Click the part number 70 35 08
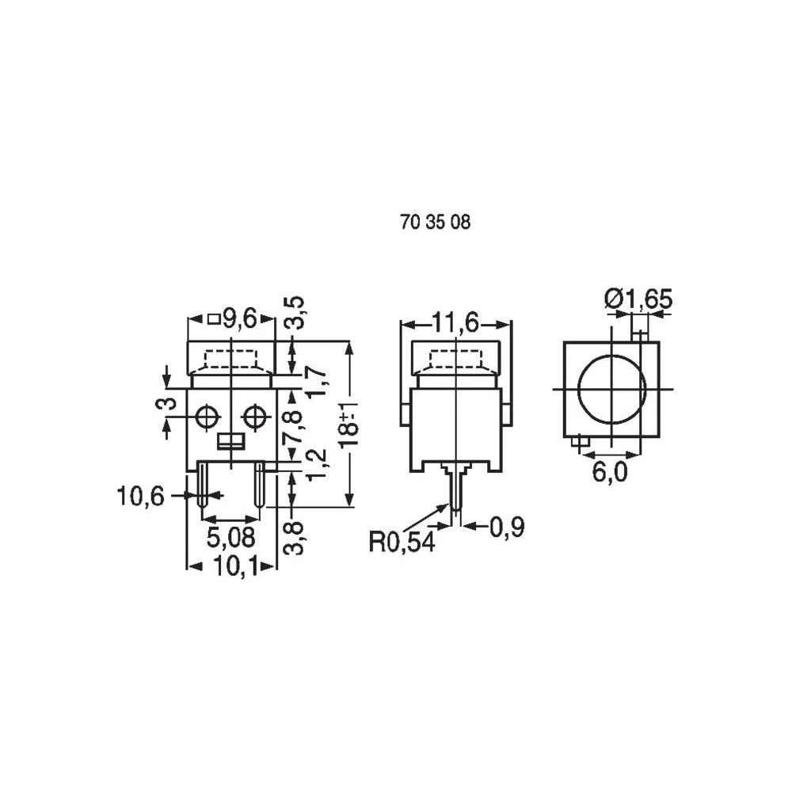pyautogui.click(x=436, y=223)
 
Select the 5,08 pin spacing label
pyautogui.click(x=230, y=538)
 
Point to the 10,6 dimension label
pyautogui.click(x=140, y=497)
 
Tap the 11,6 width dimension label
pyautogui.click(x=455, y=323)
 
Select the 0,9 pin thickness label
pyautogui.click(x=508, y=527)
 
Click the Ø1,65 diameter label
pyautogui.click(x=638, y=299)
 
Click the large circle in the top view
pyautogui.click(x=611, y=390)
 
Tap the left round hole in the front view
pyautogui.click(x=208, y=417)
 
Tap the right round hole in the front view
pyautogui.click(x=255, y=417)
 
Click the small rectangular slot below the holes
pyautogui.click(x=230, y=441)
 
